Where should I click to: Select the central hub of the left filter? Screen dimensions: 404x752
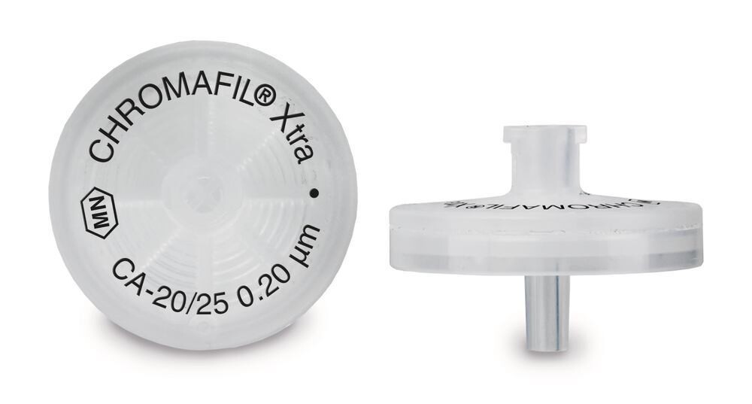[x=199, y=185]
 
